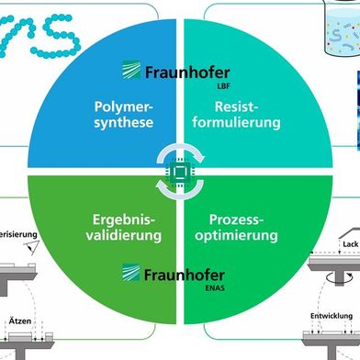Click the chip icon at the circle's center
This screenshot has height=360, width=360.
tap(181, 170)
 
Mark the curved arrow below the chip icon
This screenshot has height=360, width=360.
tap(181, 192)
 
